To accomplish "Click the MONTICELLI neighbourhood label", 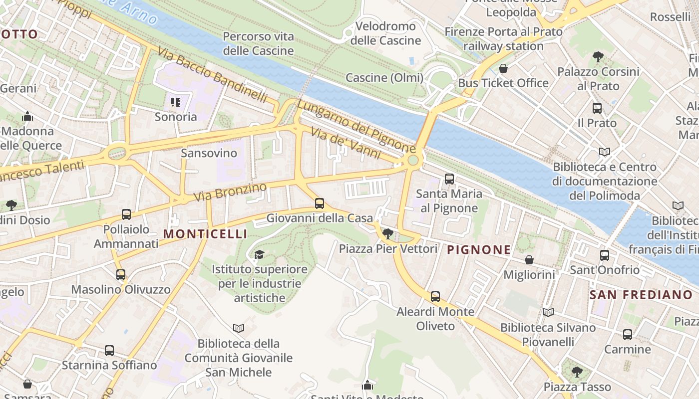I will click(x=205, y=234).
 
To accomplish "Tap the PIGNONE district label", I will click(x=479, y=249).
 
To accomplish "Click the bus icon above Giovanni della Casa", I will click(x=320, y=203).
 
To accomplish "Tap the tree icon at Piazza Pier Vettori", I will click(x=387, y=233).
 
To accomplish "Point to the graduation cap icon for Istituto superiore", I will click(x=259, y=255).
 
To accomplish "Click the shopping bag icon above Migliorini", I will click(x=529, y=260).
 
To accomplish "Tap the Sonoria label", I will click(x=176, y=117).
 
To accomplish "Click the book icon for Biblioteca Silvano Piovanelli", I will click(x=548, y=312).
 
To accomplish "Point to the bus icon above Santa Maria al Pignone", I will click(x=449, y=179).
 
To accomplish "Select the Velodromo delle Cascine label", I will click(x=385, y=33).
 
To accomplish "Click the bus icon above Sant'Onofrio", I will click(x=605, y=255).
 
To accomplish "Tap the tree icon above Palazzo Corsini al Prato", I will click(x=598, y=56).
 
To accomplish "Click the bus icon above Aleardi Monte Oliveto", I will click(x=435, y=297).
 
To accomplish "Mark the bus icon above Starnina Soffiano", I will click(x=109, y=350).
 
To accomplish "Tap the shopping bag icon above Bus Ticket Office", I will click(x=503, y=68).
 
